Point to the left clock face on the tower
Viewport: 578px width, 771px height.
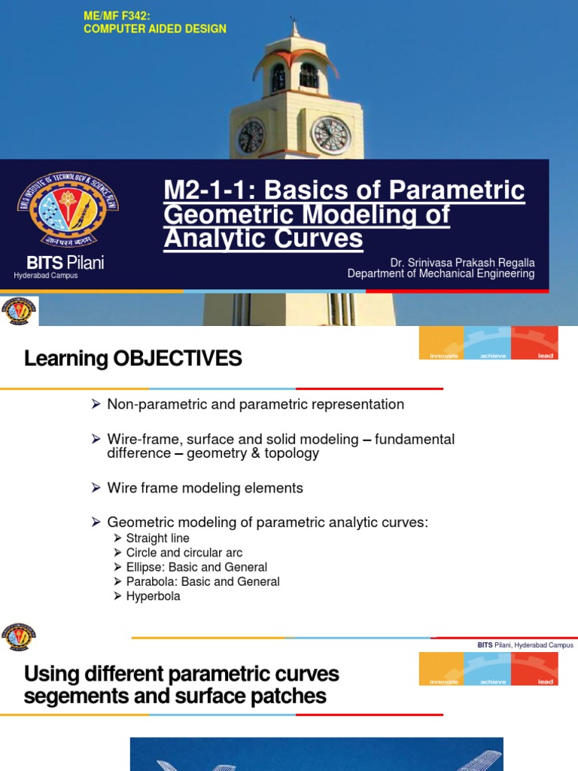click(x=251, y=136)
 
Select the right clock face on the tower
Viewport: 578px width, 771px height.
click(x=331, y=136)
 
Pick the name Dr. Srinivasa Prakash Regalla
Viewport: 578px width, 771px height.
click(x=462, y=263)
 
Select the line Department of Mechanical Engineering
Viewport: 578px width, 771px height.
click(x=441, y=274)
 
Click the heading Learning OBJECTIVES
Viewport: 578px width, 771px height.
click(x=133, y=359)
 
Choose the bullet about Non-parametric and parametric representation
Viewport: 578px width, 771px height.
click(x=255, y=404)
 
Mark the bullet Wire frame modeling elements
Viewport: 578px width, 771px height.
click(x=205, y=488)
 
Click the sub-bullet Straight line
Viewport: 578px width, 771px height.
click(x=157, y=538)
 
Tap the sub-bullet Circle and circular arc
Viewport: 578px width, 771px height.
click(x=184, y=553)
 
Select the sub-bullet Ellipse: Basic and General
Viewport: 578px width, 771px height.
click(x=196, y=567)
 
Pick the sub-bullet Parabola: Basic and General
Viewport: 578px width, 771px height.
click(x=202, y=581)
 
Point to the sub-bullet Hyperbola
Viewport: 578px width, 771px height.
click(x=153, y=596)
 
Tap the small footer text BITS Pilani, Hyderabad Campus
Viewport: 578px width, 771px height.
click(x=525, y=645)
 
